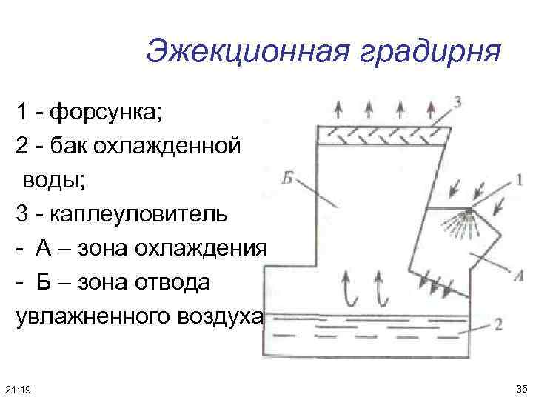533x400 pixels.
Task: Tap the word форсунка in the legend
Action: (105, 114)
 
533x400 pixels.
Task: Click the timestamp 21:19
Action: (17, 389)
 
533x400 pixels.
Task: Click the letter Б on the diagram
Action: (290, 177)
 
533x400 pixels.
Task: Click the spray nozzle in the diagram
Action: (468, 214)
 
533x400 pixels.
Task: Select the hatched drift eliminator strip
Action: (383, 133)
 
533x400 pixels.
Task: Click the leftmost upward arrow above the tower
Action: (338, 108)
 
